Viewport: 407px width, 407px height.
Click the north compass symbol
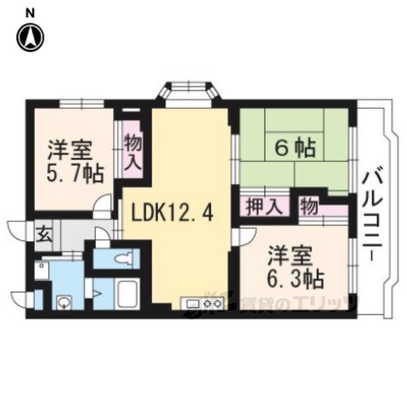[x=31, y=38]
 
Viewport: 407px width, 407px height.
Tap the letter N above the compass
[x=31, y=13]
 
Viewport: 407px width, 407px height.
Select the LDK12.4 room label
[x=172, y=212]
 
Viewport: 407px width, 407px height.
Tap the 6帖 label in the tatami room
[x=295, y=148]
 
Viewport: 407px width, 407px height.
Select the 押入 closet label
[x=265, y=207]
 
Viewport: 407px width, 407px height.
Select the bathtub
[x=128, y=293]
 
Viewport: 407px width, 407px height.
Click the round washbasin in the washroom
[x=63, y=302]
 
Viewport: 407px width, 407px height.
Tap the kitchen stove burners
[x=212, y=303]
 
